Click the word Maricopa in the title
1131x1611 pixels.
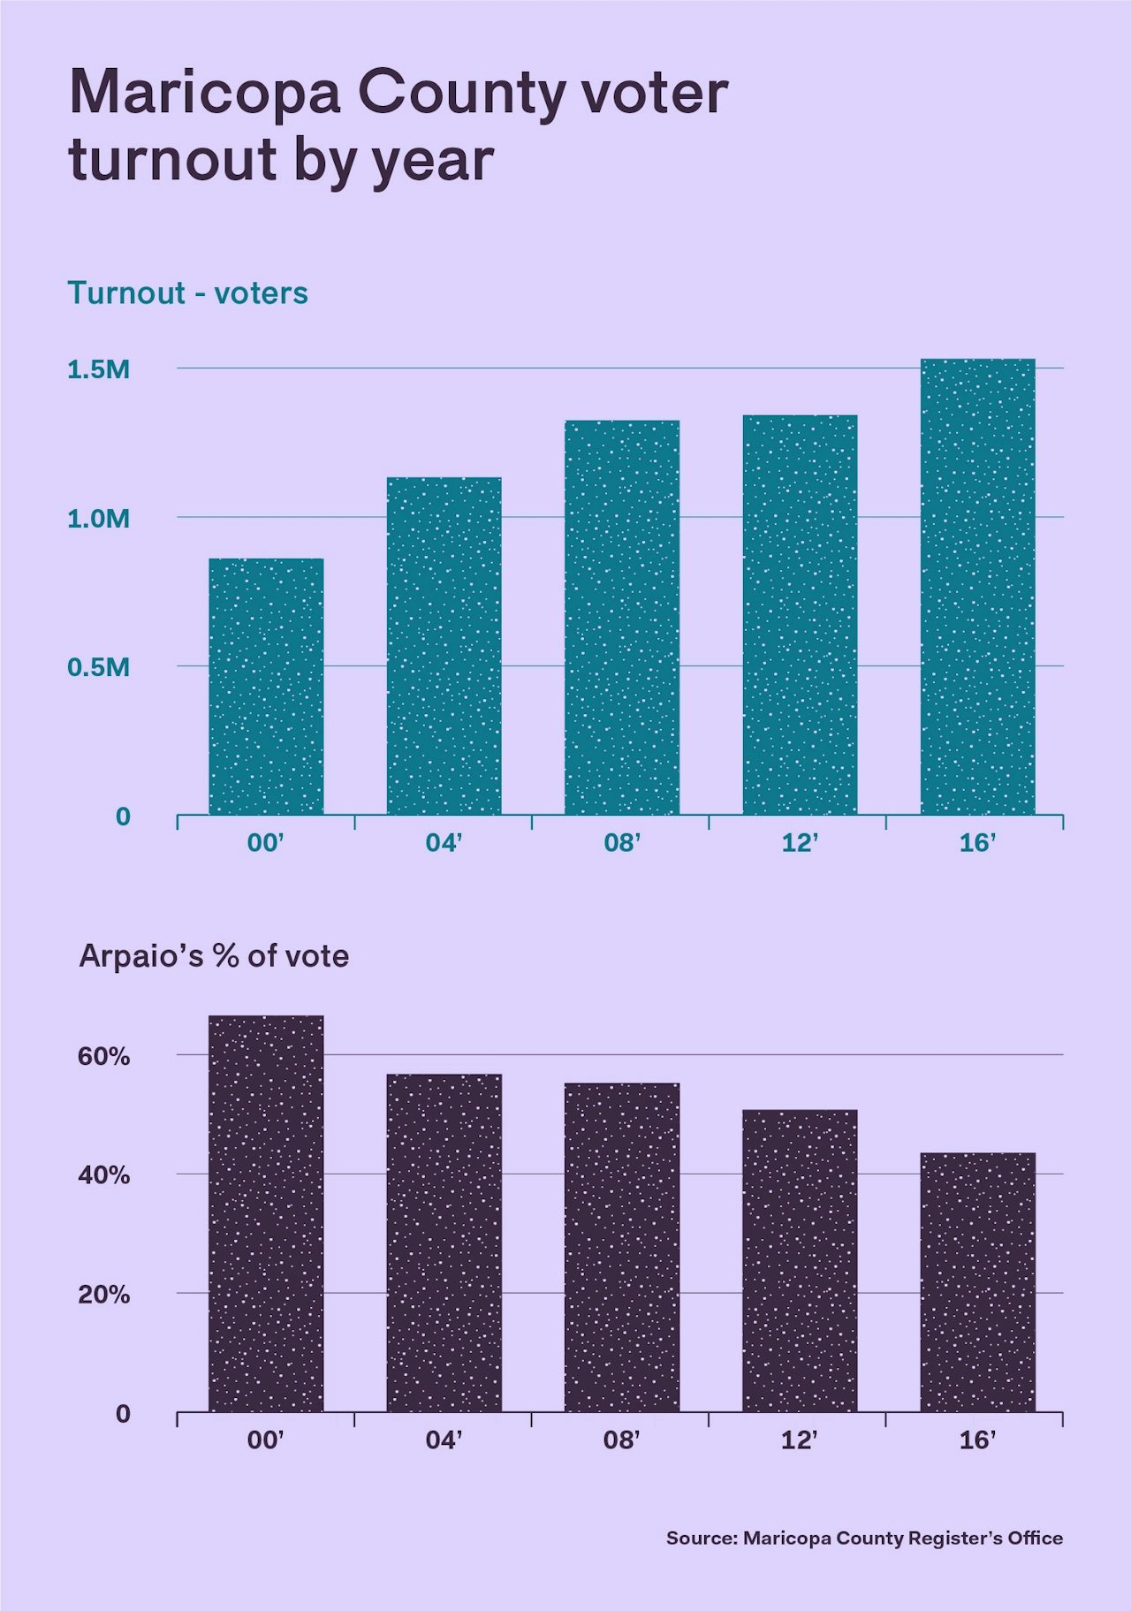click(x=204, y=93)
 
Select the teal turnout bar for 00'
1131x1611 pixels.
click(x=266, y=687)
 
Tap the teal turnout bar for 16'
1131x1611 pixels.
click(x=977, y=587)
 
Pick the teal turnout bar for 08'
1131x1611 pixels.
click(x=622, y=618)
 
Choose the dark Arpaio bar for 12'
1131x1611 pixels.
click(x=800, y=1260)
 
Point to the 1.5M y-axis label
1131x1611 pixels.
click(x=98, y=369)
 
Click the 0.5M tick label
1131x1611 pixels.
click(x=98, y=667)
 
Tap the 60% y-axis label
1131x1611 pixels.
click(x=103, y=1056)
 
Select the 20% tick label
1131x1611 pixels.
click(x=103, y=1295)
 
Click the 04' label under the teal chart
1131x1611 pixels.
click(x=444, y=843)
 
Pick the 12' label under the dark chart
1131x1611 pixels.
click(x=799, y=1440)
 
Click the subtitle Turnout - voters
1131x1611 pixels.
click(x=187, y=293)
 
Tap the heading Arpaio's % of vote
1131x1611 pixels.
click(x=214, y=956)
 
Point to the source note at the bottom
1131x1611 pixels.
click(x=864, y=1538)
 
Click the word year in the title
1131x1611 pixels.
click(x=432, y=162)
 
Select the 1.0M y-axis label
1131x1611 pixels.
click(x=98, y=519)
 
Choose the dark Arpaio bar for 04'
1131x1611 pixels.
click(x=444, y=1242)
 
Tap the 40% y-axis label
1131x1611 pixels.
click(x=103, y=1175)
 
